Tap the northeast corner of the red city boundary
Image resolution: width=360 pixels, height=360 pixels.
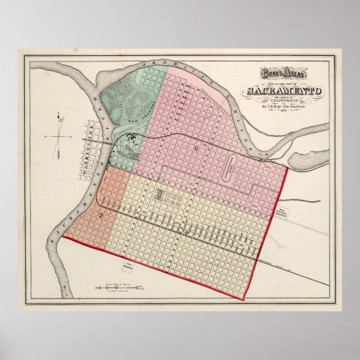pos(287,165)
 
